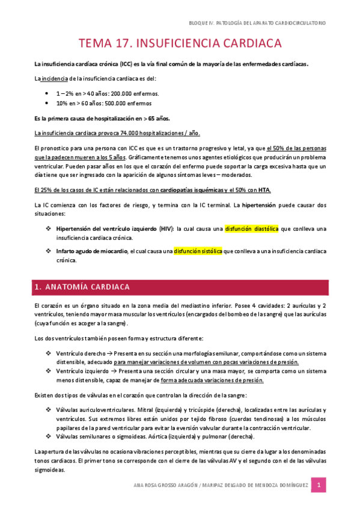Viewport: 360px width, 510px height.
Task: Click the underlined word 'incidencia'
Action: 53,78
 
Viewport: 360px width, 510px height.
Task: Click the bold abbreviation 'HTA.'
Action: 264,190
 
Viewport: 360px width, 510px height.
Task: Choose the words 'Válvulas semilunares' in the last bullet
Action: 82,436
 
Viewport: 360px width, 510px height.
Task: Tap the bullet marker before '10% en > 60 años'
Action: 47,103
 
